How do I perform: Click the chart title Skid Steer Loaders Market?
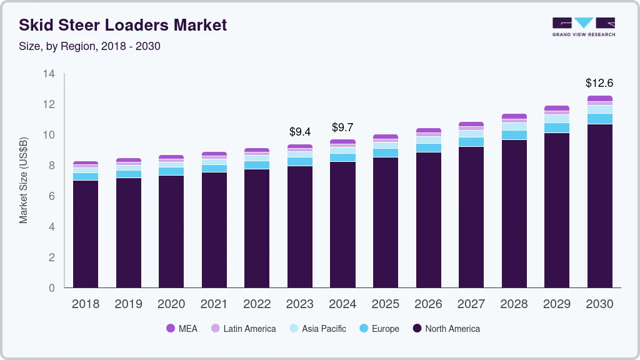122,25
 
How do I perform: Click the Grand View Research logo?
583,26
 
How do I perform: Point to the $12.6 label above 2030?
599,82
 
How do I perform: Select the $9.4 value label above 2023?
300,132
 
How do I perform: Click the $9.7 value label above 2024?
342,127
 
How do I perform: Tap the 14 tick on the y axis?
49,74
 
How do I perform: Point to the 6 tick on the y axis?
52,196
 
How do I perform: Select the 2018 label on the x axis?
86,304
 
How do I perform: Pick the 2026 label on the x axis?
428,304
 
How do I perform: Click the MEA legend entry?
181,328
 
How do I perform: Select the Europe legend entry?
378,328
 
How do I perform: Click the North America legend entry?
446,328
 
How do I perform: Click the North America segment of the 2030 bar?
599,206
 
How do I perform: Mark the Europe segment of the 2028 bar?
514,135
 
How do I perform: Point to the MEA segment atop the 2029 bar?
556,108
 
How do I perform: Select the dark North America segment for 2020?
171,231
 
